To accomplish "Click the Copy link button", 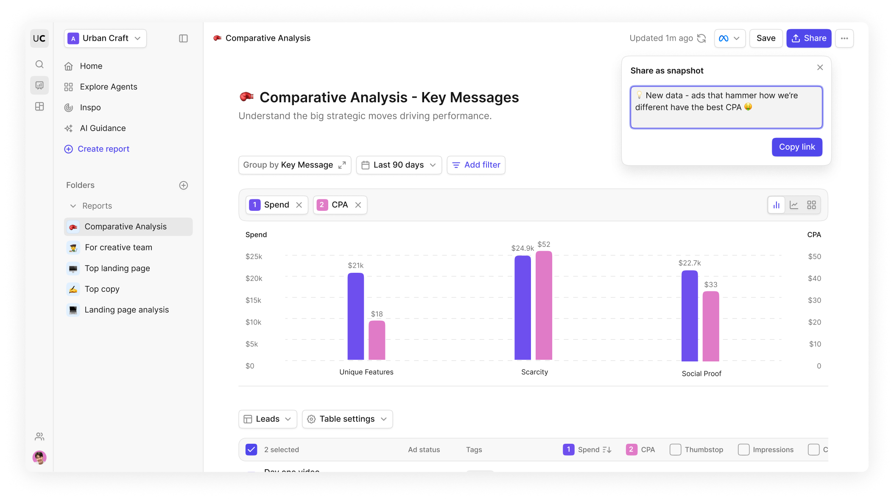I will point(796,147).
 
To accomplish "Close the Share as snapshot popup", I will point(820,67).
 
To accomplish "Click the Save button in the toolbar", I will point(765,38).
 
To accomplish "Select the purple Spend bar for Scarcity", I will point(522,308).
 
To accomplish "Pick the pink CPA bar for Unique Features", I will point(377,340).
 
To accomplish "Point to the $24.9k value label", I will point(522,248).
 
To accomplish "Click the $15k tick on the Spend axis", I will point(253,300).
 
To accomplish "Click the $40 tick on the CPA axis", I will point(814,278).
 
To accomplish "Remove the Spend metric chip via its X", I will point(299,205).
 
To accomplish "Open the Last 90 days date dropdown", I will point(399,165).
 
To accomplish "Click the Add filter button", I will point(476,165).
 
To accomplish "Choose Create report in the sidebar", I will point(103,149).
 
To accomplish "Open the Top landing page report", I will point(117,268).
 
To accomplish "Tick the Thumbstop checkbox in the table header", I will point(675,450).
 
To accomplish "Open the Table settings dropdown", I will point(347,419).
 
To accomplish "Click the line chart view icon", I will point(793,205).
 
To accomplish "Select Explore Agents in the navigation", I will point(108,87).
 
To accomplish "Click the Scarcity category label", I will point(534,372).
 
